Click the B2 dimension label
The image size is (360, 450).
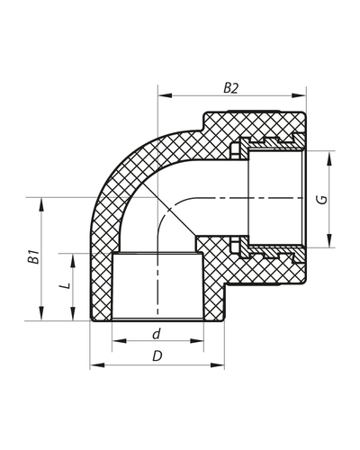232,87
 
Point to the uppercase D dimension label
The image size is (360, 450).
157,355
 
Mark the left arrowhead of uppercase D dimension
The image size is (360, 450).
94,365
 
